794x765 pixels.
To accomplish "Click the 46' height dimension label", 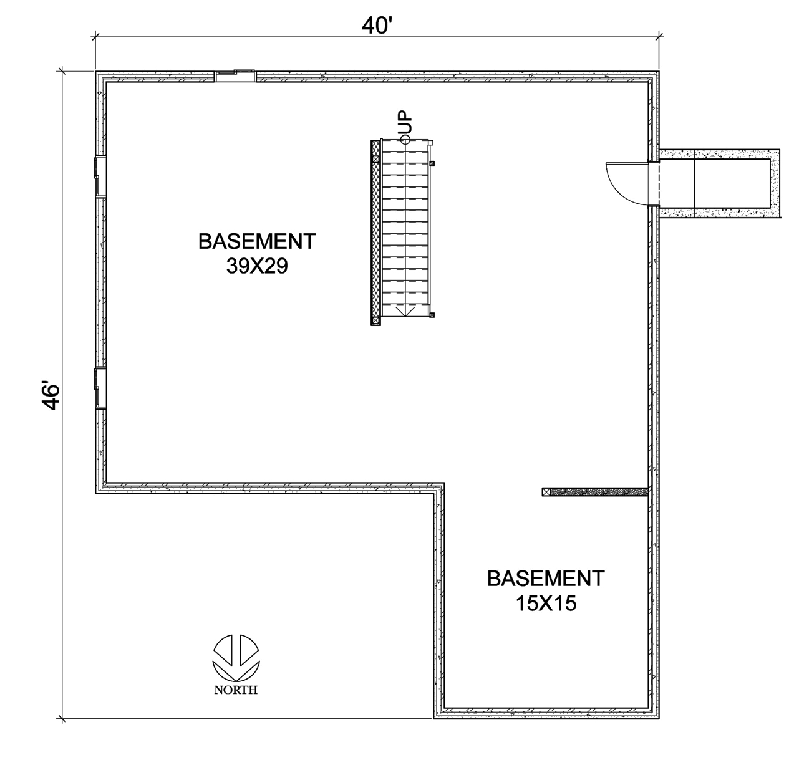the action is pyautogui.click(x=51, y=395).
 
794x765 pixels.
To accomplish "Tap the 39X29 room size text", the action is pyautogui.click(x=257, y=266).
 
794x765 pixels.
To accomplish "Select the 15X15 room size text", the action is pyautogui.click(x=546, y=603).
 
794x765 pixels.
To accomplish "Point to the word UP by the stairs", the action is pyautogui.click(x=405, y=122).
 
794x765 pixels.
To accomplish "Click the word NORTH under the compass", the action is pyautogui.click(x=236, y=690).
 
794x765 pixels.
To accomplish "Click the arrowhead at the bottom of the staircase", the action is pyautogui.click(x=405, y=311).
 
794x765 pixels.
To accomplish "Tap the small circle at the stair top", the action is pyautogui.click(x=405, y=140).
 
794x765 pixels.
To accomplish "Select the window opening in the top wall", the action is pyautogui.click(x=235, y=76).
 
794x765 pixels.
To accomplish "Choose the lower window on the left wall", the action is pyautogui.click(x=100, y=388).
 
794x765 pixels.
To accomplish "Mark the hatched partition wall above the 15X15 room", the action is pyautogui.click(x=595, y=492).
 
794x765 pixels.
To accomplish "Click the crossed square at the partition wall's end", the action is pyautogui.click(x=546, y=492).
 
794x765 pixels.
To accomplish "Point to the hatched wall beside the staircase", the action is pyautogui.click(x=375, y=233).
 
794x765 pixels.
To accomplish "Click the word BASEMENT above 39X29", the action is pyautogui.click(x=257, y=241).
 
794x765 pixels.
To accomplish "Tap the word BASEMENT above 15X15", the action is pyautogui.click(x=546, y=578).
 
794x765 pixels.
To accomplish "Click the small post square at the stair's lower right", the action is pyautogui.click(x=432, y=315).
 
